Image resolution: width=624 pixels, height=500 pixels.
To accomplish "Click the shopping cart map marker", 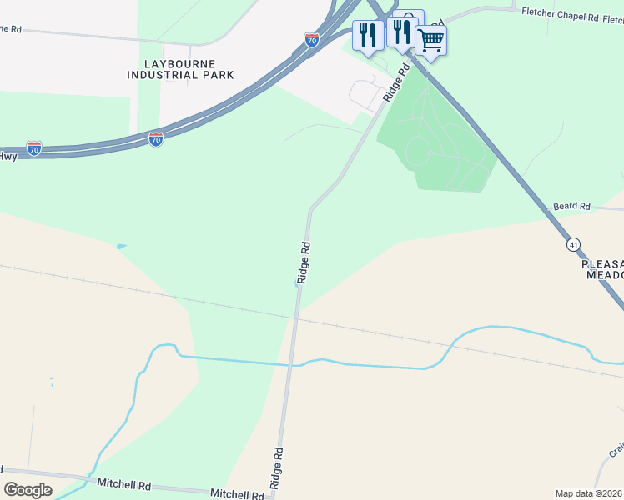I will coord(430,40).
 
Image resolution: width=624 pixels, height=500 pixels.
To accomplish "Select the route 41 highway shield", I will coord(573,244).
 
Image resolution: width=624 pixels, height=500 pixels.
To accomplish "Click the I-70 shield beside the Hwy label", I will coord(34,148).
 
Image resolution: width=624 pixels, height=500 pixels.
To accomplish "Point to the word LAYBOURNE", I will coord(179,63).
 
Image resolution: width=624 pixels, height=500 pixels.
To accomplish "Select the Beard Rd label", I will coord(571,206).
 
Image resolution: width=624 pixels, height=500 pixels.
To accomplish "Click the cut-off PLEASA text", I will coord(601,262).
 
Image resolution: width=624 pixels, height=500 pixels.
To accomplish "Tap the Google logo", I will coord(28,490).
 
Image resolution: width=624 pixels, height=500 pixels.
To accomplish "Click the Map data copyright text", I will coord(588,492).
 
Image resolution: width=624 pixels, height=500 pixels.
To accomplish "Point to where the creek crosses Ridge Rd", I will coord(293,364).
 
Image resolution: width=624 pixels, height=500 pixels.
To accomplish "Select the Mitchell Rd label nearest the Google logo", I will coord(123,483).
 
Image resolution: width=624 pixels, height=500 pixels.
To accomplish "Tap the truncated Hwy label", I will coord(8,156).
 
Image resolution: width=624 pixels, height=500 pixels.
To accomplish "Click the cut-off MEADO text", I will coord(604,275).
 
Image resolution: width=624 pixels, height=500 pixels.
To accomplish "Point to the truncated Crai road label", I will coord(616,451).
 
